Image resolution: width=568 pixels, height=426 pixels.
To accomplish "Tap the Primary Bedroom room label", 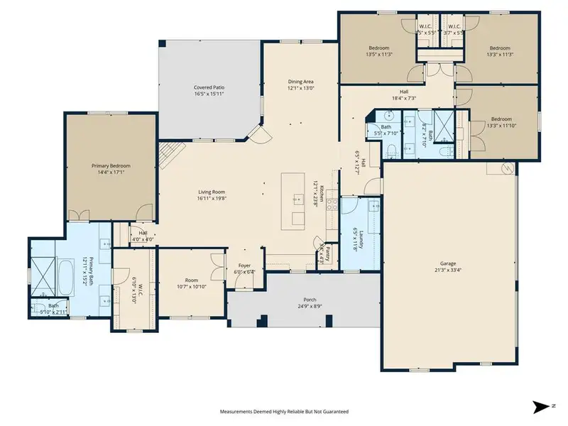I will [x=111, y=165].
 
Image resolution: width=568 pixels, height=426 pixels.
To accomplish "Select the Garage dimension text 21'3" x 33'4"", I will [x=450, y=269].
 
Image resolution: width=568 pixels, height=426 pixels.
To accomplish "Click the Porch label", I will [x=308, y=300].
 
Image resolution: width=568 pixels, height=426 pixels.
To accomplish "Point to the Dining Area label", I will [x=300, y=82].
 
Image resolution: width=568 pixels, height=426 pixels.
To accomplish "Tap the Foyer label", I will [x=244, y=266].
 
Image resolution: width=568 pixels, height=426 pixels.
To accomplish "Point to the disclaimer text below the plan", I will [x=283, y=411].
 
